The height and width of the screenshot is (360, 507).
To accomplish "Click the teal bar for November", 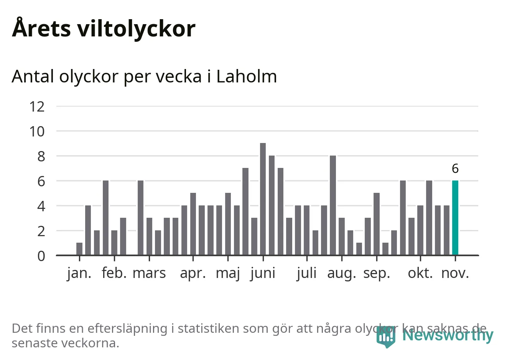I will [455, 217].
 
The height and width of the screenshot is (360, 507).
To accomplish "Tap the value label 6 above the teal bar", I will [455, 168].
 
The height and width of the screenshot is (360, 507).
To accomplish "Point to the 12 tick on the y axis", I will [37, 106].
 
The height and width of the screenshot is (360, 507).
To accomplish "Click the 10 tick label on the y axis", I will [37, 132].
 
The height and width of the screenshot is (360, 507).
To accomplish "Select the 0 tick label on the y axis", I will [41, 256].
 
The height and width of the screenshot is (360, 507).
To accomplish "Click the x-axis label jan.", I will [79, 273].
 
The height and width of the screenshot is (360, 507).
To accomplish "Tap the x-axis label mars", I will [149, 273].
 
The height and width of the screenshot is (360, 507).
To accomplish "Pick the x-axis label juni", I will [263, 273].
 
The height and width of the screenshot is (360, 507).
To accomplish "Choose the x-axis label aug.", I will [342, 273].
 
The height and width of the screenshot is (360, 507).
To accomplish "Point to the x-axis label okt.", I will [420, 273].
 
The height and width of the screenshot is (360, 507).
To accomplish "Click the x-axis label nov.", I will [455, 273].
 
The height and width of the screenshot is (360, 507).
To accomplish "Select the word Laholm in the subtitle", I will [247, 76].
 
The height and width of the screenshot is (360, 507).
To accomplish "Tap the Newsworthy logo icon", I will [386, 336].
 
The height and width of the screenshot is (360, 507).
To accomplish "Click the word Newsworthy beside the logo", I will [448, 335].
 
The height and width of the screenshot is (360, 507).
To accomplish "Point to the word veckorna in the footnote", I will [90, 343].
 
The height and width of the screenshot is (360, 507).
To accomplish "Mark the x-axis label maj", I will [228, 273].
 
